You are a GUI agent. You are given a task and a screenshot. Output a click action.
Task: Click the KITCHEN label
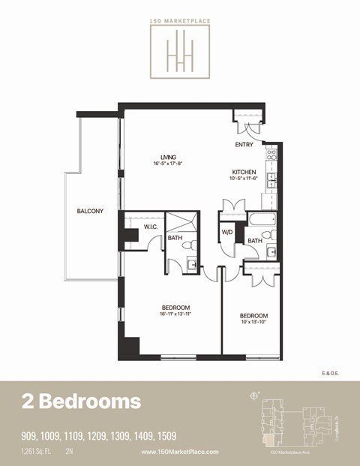tap(243, 172)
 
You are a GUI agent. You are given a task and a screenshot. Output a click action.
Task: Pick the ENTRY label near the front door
tap(244, 145)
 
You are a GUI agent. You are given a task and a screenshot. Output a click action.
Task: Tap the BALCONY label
tap(90, 211)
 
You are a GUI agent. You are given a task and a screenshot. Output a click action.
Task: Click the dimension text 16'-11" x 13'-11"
tap(175, 314)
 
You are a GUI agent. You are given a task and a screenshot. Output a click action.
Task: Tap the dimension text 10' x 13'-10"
tap(253, 322)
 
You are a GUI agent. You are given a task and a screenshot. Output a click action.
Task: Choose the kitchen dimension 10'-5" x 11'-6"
tap(244, 179)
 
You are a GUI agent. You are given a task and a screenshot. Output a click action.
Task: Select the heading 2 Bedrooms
tap(80, 401)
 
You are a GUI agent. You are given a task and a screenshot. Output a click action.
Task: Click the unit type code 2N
tap(70, 452)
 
